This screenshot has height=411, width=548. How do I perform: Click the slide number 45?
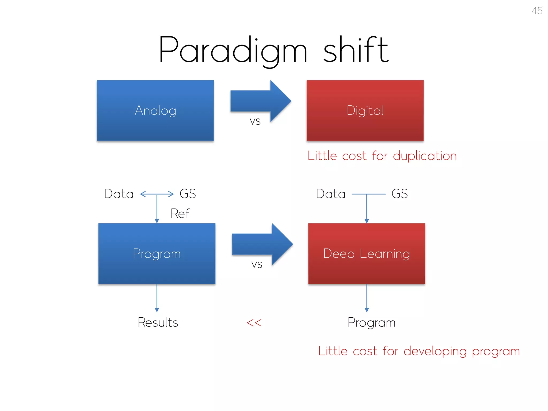[x=537, y=11]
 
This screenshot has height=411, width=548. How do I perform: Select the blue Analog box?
[x=155, y=111]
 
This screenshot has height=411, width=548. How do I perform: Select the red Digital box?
[x=365, y=111]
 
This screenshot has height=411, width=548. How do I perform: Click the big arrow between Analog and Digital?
[x=261, y=101]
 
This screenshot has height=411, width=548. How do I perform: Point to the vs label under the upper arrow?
[x=255, y=121]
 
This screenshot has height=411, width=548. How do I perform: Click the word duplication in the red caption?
[x=425, y=156]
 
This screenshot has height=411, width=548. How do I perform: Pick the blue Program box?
[x=157, y=254]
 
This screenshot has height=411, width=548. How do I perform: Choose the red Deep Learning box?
[x=367, y=254]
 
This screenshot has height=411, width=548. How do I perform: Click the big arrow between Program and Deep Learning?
[x=262, y=244]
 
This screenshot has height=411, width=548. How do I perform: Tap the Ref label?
[x=180, y=214]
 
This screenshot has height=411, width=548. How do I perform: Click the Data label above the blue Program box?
[x=119, y=194]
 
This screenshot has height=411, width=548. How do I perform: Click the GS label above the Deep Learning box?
[x=399, y=194]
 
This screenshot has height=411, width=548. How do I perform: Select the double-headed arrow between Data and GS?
[x=157, y=194]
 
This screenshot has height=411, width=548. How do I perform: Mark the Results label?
[x=158, y=322]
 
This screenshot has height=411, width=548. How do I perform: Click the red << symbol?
[x=254, y=323]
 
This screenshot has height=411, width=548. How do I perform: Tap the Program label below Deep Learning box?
[x=371, y=323]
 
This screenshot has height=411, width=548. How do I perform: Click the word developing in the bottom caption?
[x=435, y=351]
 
